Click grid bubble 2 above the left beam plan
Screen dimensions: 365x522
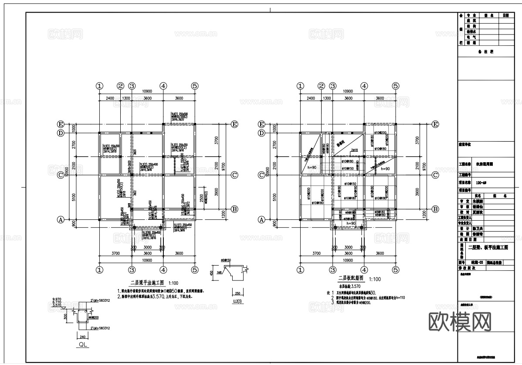tap(121, 86)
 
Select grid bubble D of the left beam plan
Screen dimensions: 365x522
tap(61, 133)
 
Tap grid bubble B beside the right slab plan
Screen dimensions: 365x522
tap(435, 209)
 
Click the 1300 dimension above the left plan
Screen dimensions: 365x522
tap(126, 98)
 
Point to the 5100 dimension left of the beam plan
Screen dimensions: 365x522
tap(75, 197)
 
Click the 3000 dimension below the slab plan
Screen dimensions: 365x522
tap(349, 247)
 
